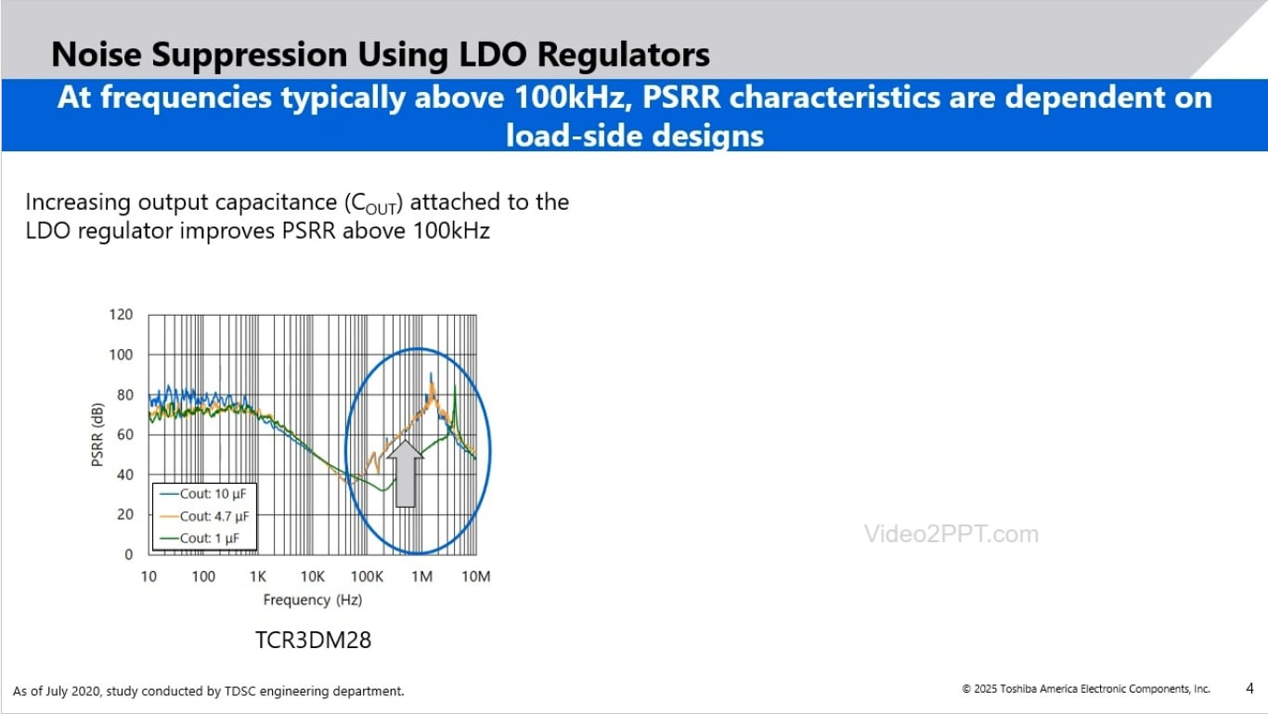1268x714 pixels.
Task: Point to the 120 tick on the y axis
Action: tap(122, 315)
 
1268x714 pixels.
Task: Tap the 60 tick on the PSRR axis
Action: tap(125, 435)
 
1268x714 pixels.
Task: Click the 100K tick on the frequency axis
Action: tap(367, 577)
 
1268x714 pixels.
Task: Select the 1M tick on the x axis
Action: tap(421, 577)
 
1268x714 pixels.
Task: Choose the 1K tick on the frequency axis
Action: tap(258, 577)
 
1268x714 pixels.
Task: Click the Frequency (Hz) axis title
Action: tap(312, 600)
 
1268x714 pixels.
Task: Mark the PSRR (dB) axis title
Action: tap(98, 434)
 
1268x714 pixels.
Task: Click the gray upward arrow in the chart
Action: tap(405, 473)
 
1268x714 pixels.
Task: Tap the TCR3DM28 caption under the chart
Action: tap(313, 640)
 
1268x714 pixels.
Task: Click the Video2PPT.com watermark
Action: tap(951, 534)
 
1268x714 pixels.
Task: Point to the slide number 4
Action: tap(1249, 688)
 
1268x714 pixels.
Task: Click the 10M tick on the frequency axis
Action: tap(476, 577)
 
